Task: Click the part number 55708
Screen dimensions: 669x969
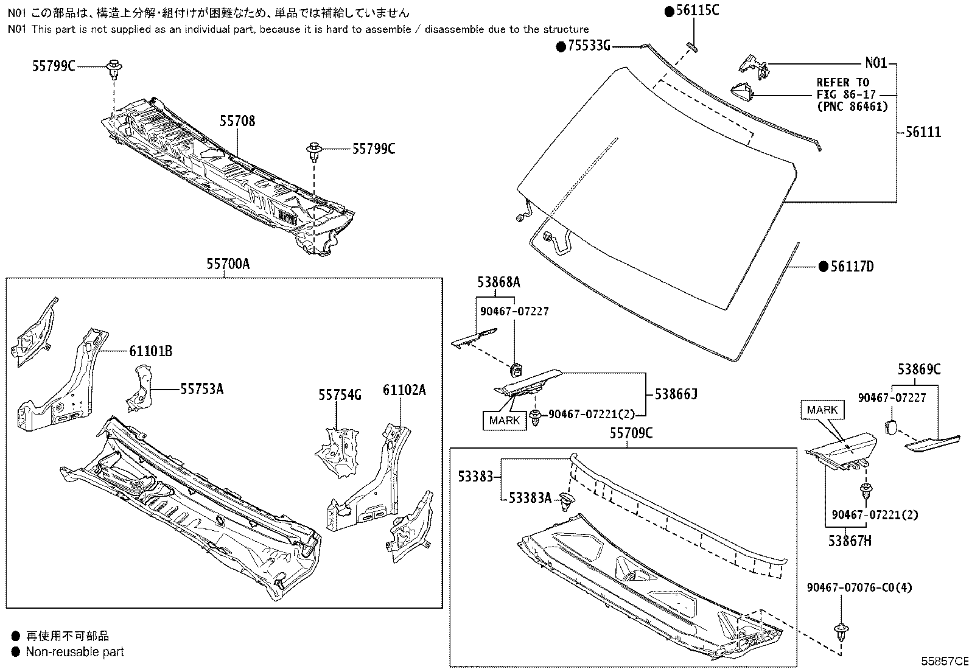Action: (237, 121)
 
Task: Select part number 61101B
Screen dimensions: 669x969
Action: (150, 351)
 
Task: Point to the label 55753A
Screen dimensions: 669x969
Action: (201, 388)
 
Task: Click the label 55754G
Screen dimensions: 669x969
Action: (340, 395)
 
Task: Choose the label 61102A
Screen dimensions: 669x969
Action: (404, 390)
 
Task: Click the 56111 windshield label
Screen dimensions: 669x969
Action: (923, 131)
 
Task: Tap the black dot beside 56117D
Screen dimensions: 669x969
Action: (823, 266)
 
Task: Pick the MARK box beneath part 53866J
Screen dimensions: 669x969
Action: (505, 420)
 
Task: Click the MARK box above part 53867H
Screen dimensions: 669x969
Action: (822, 410)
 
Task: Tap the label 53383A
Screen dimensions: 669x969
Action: (530, 499)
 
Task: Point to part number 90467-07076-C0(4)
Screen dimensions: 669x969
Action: (860, 587)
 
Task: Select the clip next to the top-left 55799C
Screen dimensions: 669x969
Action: (113, 68)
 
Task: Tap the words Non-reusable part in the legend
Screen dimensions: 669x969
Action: (74, 652)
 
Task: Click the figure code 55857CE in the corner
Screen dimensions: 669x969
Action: (943, 661)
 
